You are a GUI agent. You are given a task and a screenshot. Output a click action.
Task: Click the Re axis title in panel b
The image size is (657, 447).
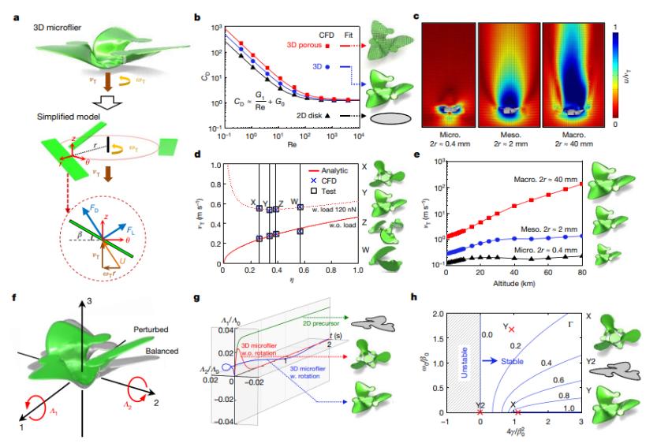click(292, 146)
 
